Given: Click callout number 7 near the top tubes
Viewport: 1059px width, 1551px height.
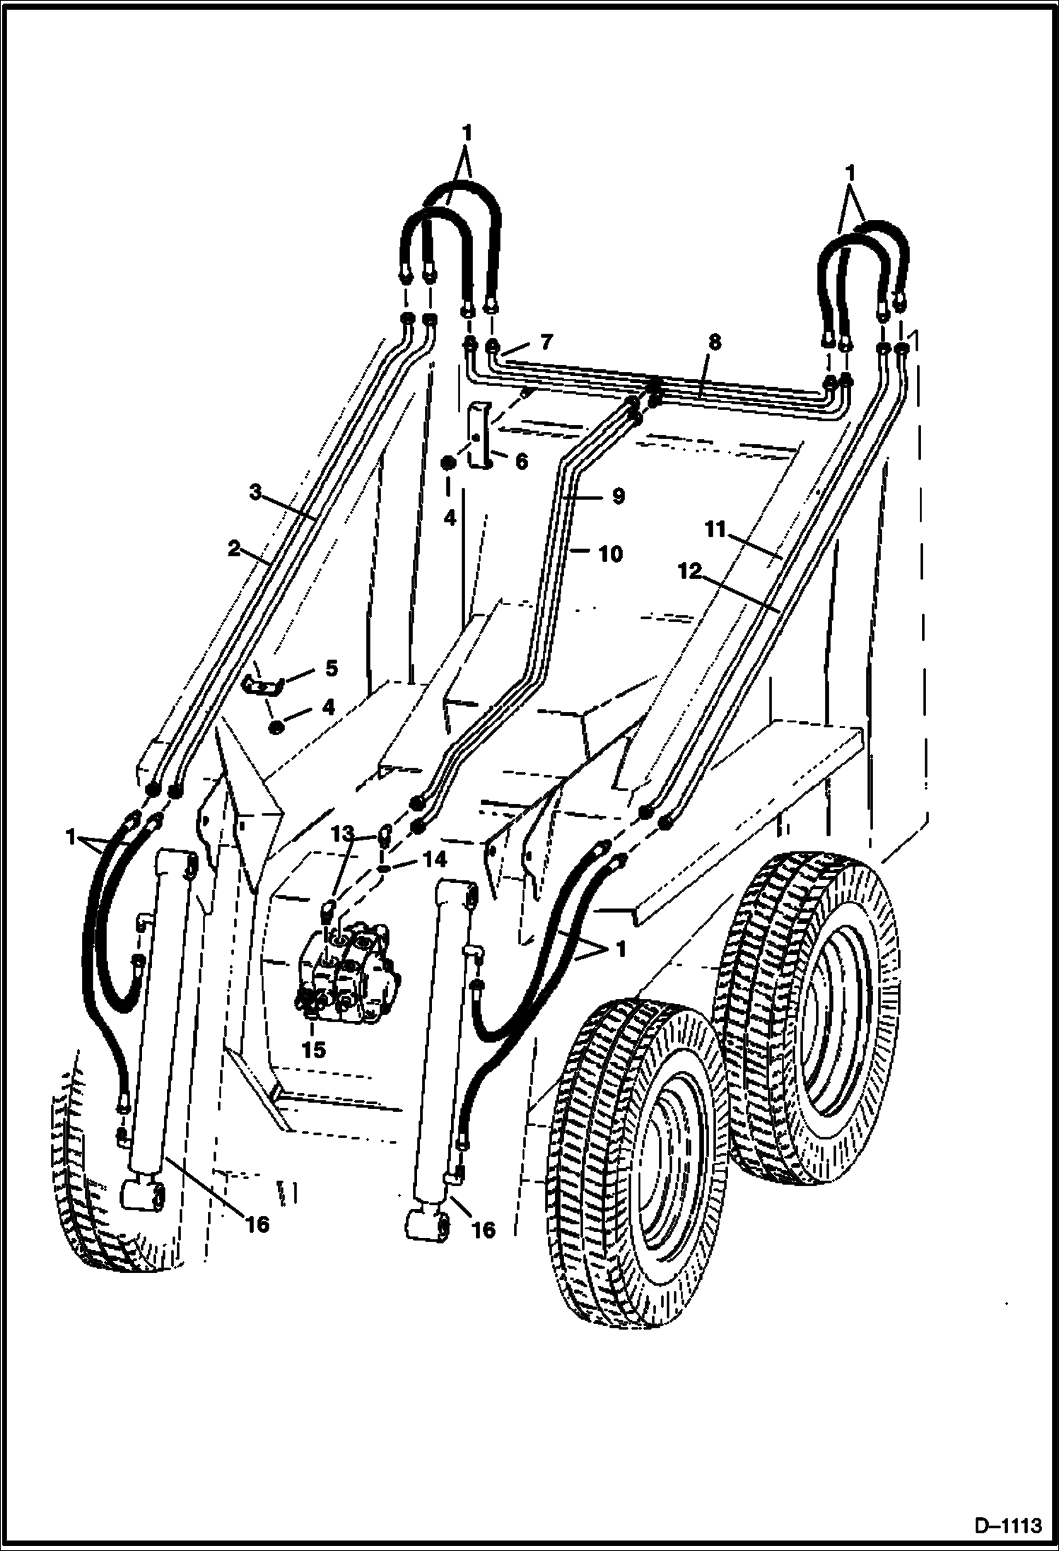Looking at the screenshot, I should [x=544, y=342].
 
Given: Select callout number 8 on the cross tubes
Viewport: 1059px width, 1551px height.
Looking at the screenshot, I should [x=714, y=343].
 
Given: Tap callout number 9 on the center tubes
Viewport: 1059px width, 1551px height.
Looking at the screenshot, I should [x=619, y=497].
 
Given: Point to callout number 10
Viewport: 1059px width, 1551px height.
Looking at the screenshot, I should [x=610, y=554].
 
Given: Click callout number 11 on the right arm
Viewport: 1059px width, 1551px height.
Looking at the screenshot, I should [x=715, y=529].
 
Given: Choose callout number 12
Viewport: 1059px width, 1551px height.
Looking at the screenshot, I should [x=689, y=572].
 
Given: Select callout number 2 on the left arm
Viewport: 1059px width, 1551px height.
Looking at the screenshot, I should [x=235, y=548].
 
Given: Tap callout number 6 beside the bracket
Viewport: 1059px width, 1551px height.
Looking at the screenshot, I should [x=520, y=462].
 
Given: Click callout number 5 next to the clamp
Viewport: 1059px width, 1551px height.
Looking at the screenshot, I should [x=331, y=668].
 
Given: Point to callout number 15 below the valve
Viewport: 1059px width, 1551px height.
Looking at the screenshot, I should [x=314, y=1050].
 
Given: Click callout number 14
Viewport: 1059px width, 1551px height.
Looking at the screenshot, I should [x=435, y=860].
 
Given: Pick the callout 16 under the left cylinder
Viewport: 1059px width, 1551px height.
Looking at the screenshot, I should [x=258, y=1224].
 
